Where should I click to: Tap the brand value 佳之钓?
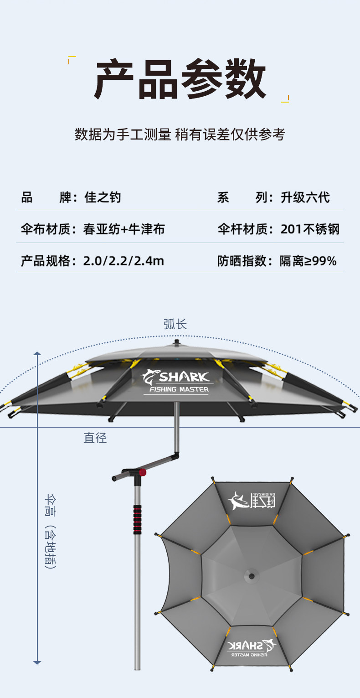tap(103, 197)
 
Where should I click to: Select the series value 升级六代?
tap(305, 197)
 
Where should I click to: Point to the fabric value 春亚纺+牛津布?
tap(124, 229)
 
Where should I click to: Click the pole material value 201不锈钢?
tap(310, 229)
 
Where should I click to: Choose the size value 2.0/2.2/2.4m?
tap(123, 261)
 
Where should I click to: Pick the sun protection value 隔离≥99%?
tap(308, 261)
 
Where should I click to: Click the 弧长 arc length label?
tap(175, 324)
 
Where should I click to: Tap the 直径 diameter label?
tap(95, 438)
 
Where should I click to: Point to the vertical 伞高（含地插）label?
tap(50, 531)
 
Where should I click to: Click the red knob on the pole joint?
tap(143, 472)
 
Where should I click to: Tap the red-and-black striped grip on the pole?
tap(137, 519)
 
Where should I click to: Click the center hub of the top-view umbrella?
tap(250, 575)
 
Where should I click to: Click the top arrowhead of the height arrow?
tap(37, 353)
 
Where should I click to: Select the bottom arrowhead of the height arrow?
tap(37, 662)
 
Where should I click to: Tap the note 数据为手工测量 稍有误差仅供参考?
tap(180, 134)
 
